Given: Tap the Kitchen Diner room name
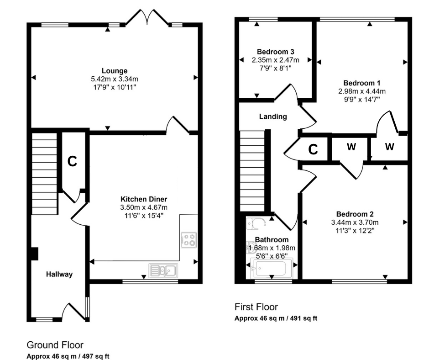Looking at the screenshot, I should (x=144, y=199).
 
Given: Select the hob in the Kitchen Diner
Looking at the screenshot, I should (x=188, y=240).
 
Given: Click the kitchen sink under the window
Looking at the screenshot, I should (x=162, y=270).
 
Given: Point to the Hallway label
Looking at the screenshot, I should (x=59, y=274).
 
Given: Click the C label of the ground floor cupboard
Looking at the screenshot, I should (x=72, y=161).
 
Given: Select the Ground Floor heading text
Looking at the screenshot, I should (x=55, y=344).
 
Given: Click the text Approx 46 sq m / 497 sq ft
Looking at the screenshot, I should (x=68, y=355).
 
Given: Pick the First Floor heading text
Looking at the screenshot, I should (x=256, y=307).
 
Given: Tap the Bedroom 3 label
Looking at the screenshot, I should (x=275, y=52).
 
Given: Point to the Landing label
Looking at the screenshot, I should (x=273, y=116).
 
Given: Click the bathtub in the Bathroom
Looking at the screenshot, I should (x=271, y=269).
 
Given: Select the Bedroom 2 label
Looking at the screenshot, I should (x=355, y=214).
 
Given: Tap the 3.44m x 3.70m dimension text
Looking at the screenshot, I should (x=355, y=222).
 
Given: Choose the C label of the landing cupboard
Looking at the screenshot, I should (x=313, y=149).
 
